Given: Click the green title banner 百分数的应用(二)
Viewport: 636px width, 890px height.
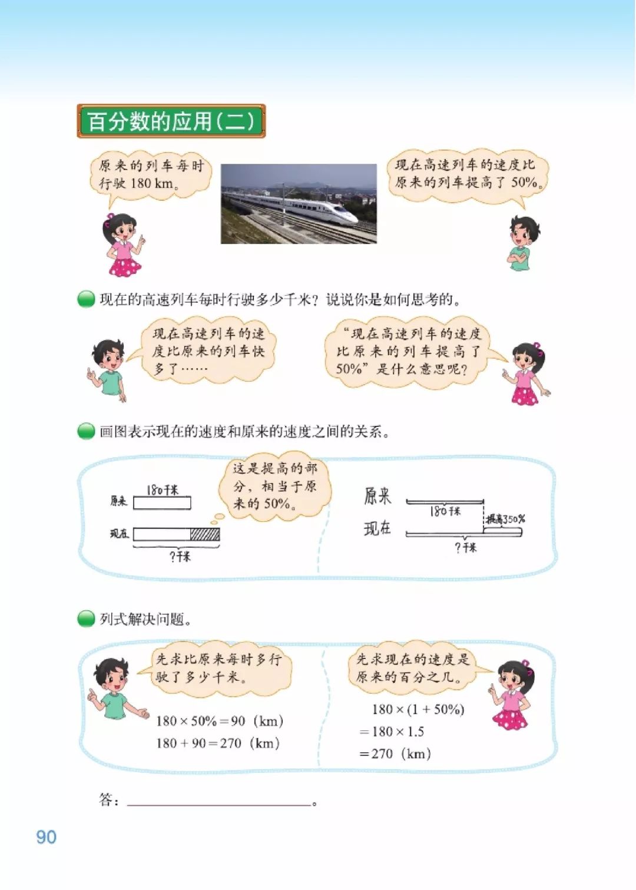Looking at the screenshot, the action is [x=171, y=121].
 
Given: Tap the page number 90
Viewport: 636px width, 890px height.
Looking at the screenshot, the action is [x=47, y=837].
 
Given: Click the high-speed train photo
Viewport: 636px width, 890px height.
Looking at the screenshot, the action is [x=299, y=203].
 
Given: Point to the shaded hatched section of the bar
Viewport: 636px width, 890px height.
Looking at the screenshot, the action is [x=205, y=534].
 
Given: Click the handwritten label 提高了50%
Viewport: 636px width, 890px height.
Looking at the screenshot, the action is [x=505, y=519].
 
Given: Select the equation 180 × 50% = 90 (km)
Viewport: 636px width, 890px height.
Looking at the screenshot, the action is [x=220, y=721].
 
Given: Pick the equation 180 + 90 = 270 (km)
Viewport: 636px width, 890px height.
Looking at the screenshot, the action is [x=217, y=743].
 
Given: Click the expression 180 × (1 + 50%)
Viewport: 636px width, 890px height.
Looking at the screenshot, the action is [x=418, y=709].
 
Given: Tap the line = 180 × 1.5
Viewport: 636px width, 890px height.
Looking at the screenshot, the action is [x=392, y=732].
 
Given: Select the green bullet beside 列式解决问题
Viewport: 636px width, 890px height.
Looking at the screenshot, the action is [x=86, y=619].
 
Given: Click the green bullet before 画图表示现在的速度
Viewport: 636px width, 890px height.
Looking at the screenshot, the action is [x=86, y=432].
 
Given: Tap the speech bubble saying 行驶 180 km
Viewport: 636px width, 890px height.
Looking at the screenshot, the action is [x=151, y=174].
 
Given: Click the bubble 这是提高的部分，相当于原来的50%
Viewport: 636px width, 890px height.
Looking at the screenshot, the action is [x=274, y=487].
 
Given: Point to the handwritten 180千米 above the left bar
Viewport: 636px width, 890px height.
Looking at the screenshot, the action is [x=162, y=490].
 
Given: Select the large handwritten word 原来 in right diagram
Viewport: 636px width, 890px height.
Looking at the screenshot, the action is [x=377, y=497].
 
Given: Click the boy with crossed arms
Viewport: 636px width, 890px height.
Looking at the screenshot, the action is [x=522, y=243].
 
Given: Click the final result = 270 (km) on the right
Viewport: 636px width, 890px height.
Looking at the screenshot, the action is [x=395, y=753].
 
